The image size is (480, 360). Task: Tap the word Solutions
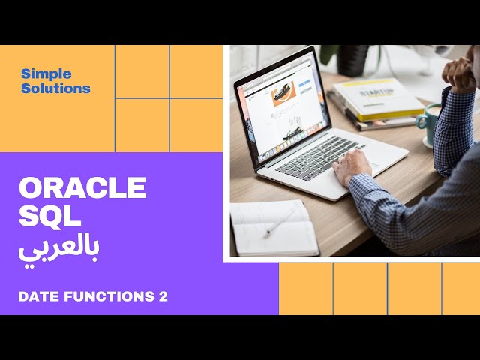pos(55,88)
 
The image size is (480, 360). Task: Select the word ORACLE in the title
pos(82,187)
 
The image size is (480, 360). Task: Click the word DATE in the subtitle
pos(38,297)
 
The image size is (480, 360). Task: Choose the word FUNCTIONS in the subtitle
pos(108,297)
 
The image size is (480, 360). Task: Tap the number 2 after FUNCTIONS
pos(163,297)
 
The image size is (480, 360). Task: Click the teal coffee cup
pos(430,120)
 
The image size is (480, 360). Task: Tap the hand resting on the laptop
pos(352,166)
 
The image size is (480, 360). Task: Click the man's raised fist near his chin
pos(459,73)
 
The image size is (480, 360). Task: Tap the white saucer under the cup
pos(429,140)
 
